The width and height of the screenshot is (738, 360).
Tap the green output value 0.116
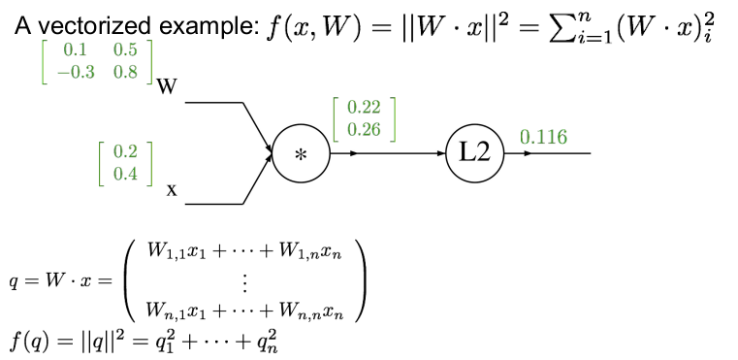[x=544, y=137]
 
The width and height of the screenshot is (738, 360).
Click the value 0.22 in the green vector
[x=364, y=108]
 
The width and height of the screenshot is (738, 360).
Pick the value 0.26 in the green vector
[x=364, y=129]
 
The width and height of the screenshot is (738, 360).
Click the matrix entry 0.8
[x=125, y=72]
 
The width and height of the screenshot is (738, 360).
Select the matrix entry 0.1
[x=76, y=50]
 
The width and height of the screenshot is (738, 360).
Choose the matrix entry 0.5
[x=125, y=50]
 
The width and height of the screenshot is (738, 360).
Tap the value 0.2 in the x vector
[x=126, y=152]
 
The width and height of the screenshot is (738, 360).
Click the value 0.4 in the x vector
[x=126, y=174]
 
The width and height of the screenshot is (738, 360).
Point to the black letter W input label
[x=166, y=87]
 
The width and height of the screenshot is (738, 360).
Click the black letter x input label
[x=172, y=190]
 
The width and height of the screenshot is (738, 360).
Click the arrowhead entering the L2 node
[x=441, y=153]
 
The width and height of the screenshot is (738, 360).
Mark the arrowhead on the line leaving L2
[x=528, y=153]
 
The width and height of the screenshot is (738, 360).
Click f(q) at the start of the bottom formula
[x=29, y=341]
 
